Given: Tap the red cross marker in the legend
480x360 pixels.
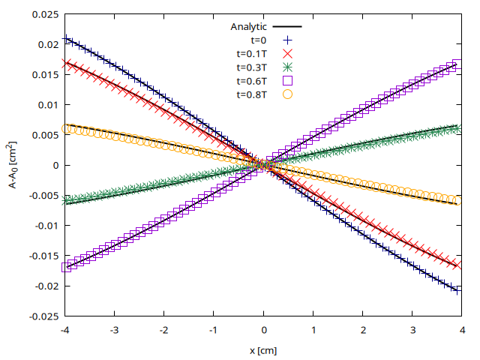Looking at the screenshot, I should tap(286, 54).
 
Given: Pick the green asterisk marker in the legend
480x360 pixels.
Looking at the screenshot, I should tap(286, 67).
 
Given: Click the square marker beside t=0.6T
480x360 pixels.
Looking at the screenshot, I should tap(286, 81).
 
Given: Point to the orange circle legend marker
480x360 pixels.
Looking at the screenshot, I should tap(286, 94).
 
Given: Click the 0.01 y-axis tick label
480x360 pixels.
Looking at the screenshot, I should tap(46, 105).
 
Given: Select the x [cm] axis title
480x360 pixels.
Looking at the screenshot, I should tap(263, 349).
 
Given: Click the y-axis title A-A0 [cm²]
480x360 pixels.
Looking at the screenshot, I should tap(14, 165).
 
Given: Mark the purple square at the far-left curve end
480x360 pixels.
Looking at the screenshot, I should tap(66, 266).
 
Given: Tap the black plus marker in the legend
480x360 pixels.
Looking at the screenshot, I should tap(286, 40).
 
